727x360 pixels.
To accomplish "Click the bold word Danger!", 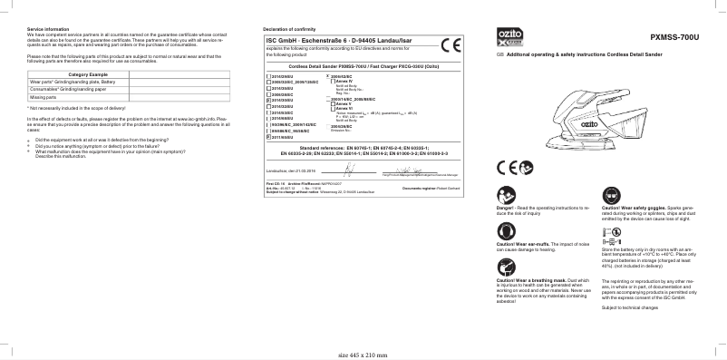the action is [x=506, y=208].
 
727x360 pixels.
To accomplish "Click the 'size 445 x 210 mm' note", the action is [x=363, y=355].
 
